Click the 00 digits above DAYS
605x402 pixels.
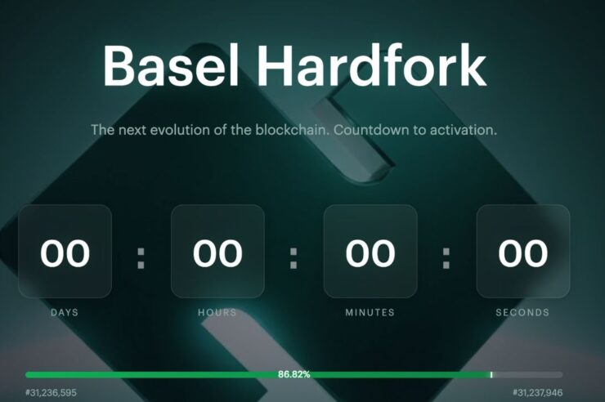pos(65,253)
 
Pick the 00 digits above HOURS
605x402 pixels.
pos(217,253)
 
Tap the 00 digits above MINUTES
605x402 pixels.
pos(370,253)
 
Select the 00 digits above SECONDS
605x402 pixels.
pos(523,253)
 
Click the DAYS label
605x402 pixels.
pos(65,312)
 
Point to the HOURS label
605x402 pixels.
pos(217,312)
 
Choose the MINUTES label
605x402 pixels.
pos(370,312)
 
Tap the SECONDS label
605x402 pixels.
pos(523,312)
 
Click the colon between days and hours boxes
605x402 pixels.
pos(141,257)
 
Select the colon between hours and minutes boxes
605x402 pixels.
pos(294,257)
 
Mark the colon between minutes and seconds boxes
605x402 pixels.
pos(446,257)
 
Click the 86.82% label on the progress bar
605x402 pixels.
pos(294,374)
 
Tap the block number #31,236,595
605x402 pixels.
pos(51,393)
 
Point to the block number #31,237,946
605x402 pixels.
pos(538,393)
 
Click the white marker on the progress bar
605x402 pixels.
pos(491,374)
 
